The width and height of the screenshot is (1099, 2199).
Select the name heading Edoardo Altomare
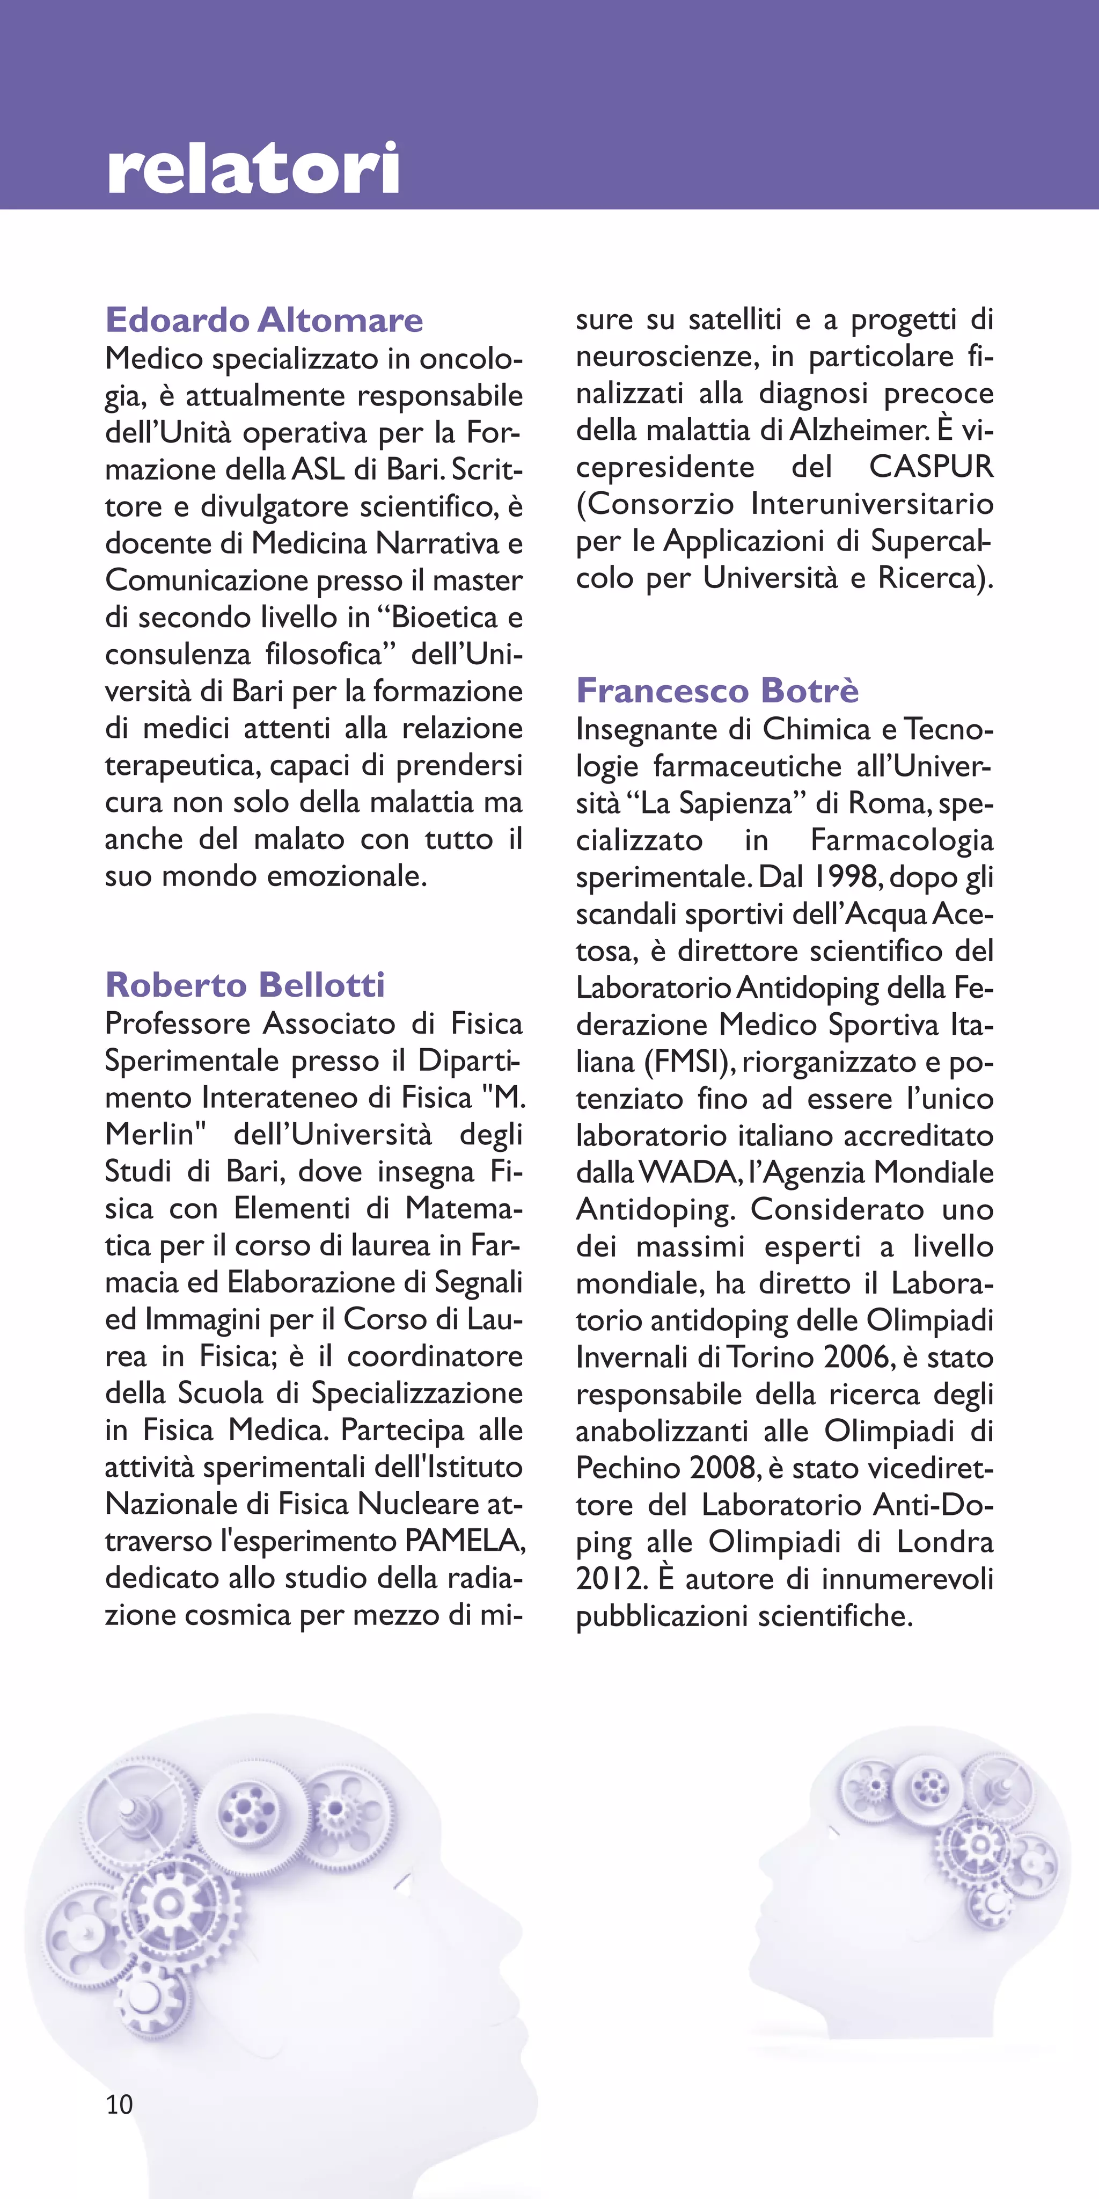tap(263, 320)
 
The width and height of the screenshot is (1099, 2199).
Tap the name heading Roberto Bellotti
tap(245, 984)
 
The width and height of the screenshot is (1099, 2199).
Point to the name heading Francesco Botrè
tap(717, 690)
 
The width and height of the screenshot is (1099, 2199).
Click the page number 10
tap(120, 2104)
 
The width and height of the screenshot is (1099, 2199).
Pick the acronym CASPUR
tap(931, 467)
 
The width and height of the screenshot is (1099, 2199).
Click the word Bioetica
tap(444, 617)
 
